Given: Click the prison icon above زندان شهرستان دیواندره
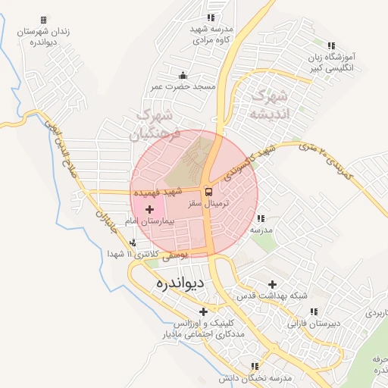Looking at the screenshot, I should pos(43,20).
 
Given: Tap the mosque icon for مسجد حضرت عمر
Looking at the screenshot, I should pos(183,75).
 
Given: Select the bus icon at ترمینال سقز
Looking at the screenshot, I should pos(209,193).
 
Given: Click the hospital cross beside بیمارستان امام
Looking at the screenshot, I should pos(149,208).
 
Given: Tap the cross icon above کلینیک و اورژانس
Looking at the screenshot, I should pos(202,311).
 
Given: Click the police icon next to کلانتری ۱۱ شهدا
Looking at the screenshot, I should pos(133,243).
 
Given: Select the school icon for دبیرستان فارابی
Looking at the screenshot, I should pos(313,311).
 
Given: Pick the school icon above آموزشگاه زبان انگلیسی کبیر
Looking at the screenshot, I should pos(331,47).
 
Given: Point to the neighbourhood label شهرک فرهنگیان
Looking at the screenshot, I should pos(157,125).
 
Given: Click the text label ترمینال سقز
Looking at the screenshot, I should pos(236,205).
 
